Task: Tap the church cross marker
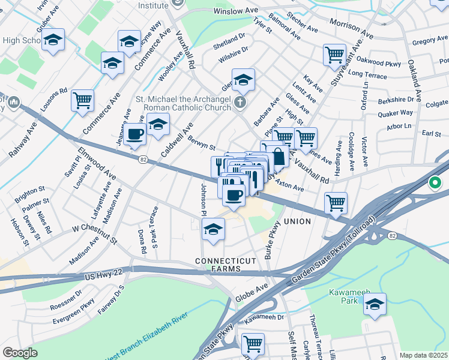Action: pyautogui.click(x=240, y=103)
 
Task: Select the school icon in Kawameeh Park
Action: pyautogui.click(x=375, y=304)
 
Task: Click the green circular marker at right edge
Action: pyautogui.click(x=432, y=183)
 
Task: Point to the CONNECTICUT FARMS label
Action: pyautogui.click(x=226, y=265)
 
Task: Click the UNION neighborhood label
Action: pyautogui.click(x=297, y=221)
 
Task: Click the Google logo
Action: pyautogui.click(x=19, y=353)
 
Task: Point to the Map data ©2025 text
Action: pyautogui.click(x=423, y=355)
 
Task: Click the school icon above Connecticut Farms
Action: pyautogui.click(x=212, y=229)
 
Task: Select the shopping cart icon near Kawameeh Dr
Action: pyautogui.click(x=253, y=344)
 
